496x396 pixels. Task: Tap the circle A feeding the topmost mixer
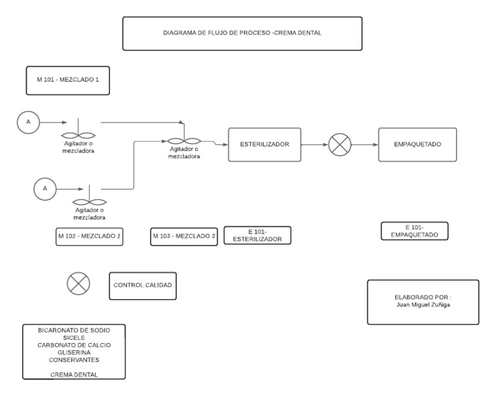click(28, 121)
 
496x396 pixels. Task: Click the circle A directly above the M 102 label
click(45, 188)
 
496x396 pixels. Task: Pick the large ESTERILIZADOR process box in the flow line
click(264, 145)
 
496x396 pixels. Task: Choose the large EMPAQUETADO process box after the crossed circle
click(417, 145)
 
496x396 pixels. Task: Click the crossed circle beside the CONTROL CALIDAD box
click(78, 284)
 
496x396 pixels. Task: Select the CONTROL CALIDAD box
click(143, 286)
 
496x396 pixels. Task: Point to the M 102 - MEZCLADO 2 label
click(89, 236)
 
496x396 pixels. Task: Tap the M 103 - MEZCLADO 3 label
click(184, 236)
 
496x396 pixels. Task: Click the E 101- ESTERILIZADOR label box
click(257, 235)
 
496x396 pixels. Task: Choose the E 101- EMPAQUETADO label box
click(414, 231)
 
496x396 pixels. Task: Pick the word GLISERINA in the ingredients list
click(73, 353)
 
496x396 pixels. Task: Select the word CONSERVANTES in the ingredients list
click(73, 360)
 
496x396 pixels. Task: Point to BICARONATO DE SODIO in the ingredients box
click(74, 330)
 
